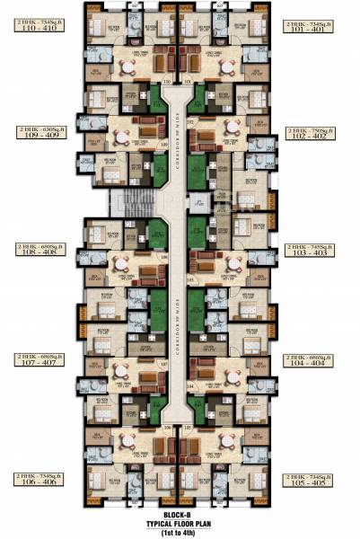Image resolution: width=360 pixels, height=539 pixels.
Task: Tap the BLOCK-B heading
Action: (180, 513)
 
